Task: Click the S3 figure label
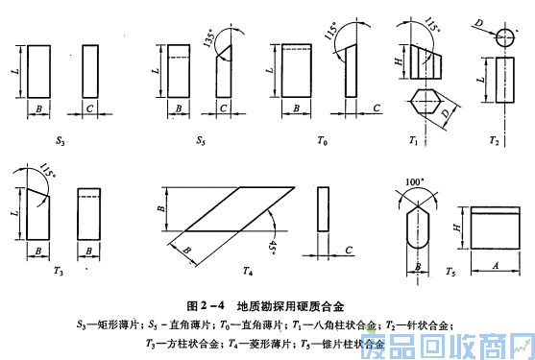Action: coord(60,140)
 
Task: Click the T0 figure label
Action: coord(323,140)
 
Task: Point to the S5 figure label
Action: coord(200,140)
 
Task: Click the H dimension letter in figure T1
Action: coord(399,61)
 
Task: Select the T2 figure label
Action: coord(494,140)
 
